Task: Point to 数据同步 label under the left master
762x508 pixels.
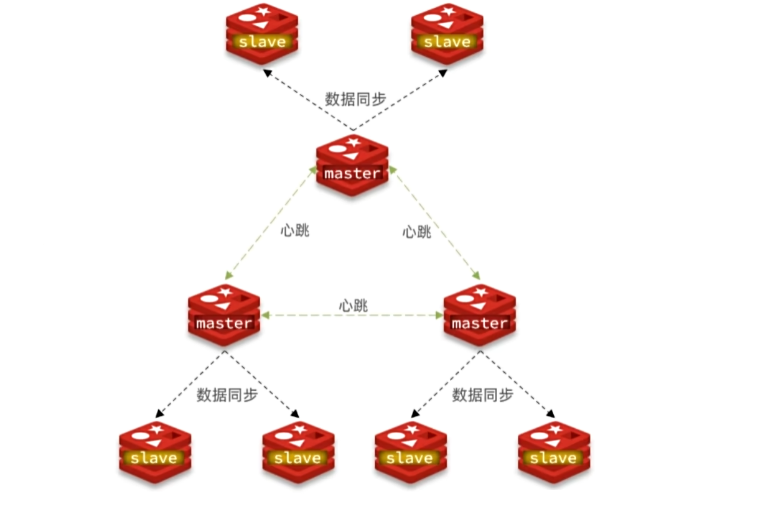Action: point(227,396)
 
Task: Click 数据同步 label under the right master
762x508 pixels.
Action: point(482,396)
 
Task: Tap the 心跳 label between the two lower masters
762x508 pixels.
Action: point(353,305)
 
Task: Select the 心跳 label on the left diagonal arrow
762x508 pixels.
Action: point(295,231)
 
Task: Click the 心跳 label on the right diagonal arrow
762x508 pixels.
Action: point(417,231)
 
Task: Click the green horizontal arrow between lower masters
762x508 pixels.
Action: point(352,315)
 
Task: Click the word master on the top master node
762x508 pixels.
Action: point(352,174)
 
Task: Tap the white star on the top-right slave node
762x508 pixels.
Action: point(448,11)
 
